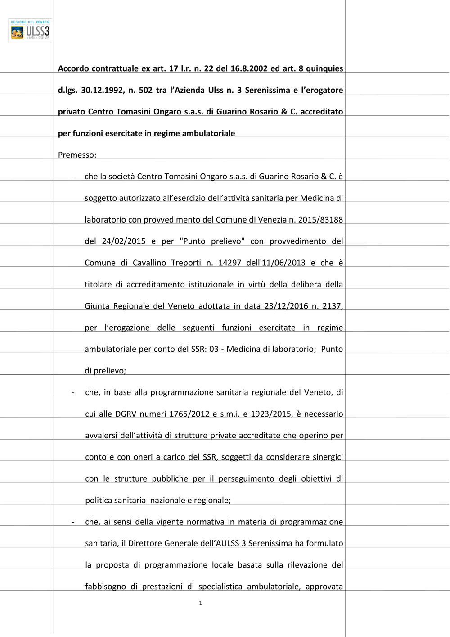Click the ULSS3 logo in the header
(x=30, y=31)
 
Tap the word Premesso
(x=76, y=155)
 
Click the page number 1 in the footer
(x=200, y=603)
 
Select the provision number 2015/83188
(x=320, y=220)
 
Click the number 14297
(x=230, y=263)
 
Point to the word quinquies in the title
(x=324, y=69)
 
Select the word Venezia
(x=271, y=220)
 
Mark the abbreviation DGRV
(x=126, y=414)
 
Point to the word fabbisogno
(x=105, y=587)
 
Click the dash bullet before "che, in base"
(x=73, y=392)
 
